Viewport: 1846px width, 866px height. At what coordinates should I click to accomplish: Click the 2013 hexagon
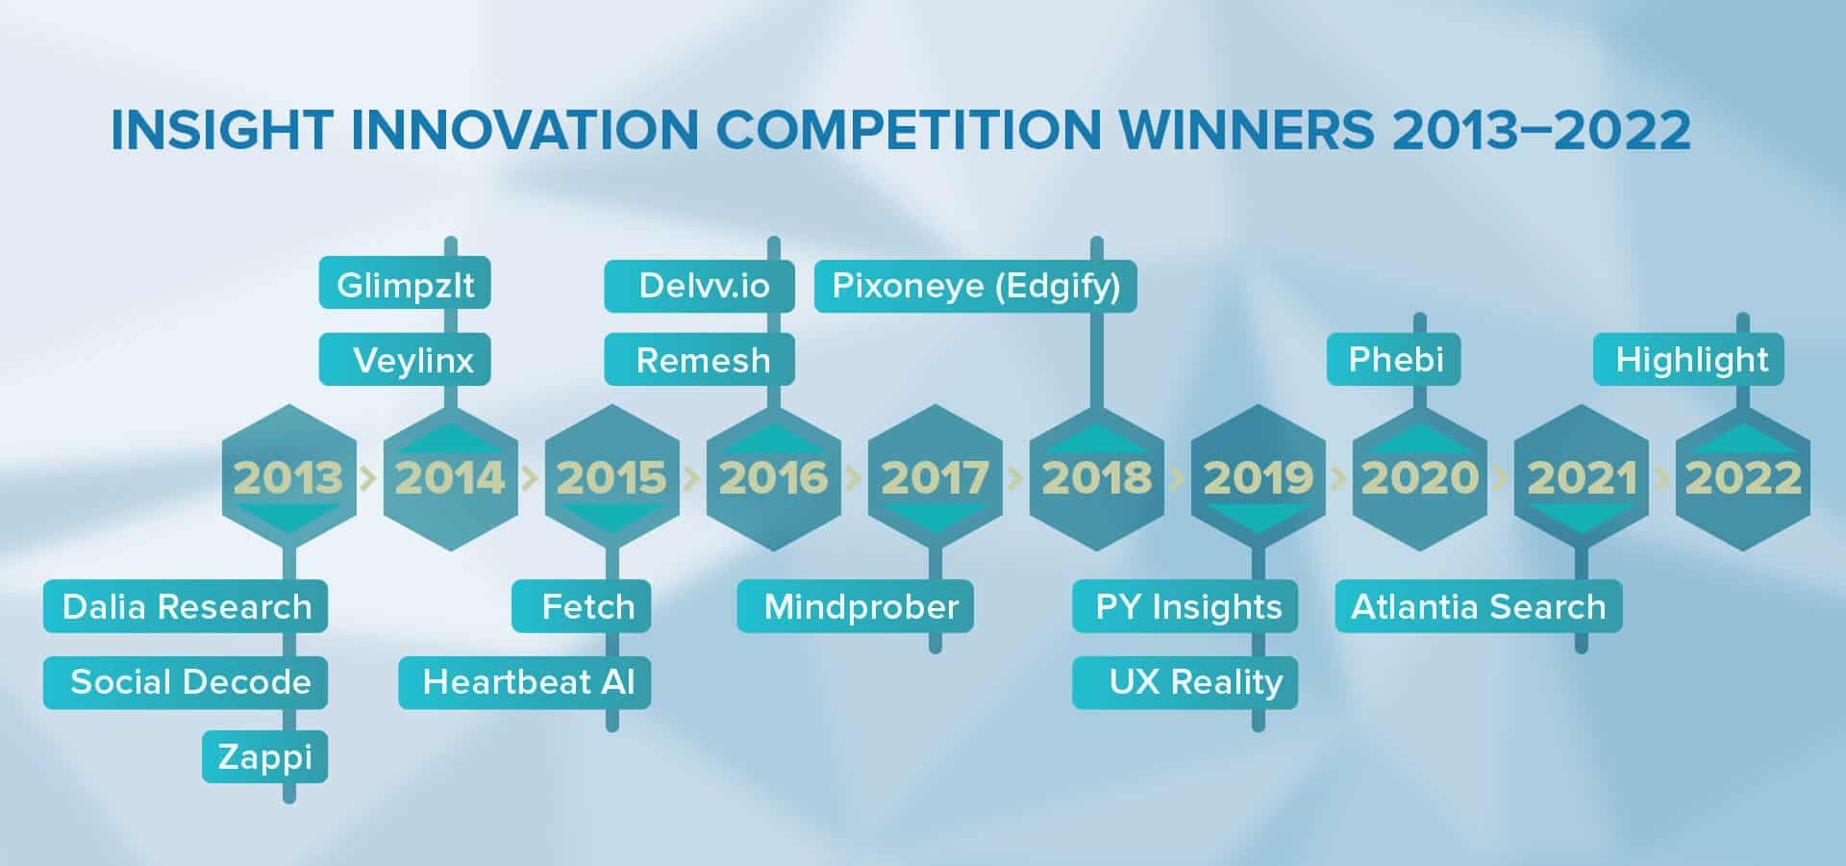coord(289,477)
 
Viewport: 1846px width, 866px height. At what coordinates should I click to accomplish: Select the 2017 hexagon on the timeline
coord(935,477)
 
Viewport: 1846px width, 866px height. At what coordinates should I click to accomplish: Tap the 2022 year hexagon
coord(1743,477)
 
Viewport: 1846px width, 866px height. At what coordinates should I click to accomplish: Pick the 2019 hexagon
coord(1259,477)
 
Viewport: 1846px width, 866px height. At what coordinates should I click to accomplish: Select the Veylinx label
coord(405,359)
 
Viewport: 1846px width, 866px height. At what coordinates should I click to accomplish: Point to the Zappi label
coord(264,756)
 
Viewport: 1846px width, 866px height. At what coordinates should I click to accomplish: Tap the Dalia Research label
coord(186,606)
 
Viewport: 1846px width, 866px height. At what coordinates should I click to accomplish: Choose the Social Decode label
coord(186,682)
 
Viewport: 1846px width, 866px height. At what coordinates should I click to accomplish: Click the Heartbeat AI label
coord(525,682)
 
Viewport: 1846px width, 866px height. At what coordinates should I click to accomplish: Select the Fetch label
coord(582,606)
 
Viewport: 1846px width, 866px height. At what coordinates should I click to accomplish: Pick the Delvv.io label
coord(700,286)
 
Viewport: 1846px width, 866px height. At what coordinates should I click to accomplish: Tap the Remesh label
coord(700,359)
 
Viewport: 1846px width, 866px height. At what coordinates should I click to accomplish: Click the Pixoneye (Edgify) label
coord(976,286)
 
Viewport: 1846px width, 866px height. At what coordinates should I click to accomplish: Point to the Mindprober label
coord(856,606)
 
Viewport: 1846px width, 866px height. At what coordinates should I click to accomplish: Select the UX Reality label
coord(1185,682)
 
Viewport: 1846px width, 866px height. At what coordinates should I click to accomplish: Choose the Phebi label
coord(1394,359)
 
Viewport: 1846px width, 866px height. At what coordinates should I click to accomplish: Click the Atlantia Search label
coord(1479,606)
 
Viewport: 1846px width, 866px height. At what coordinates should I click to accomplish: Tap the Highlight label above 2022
coord(1689,359)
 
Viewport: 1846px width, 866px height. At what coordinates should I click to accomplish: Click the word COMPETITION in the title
coord(907,130)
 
